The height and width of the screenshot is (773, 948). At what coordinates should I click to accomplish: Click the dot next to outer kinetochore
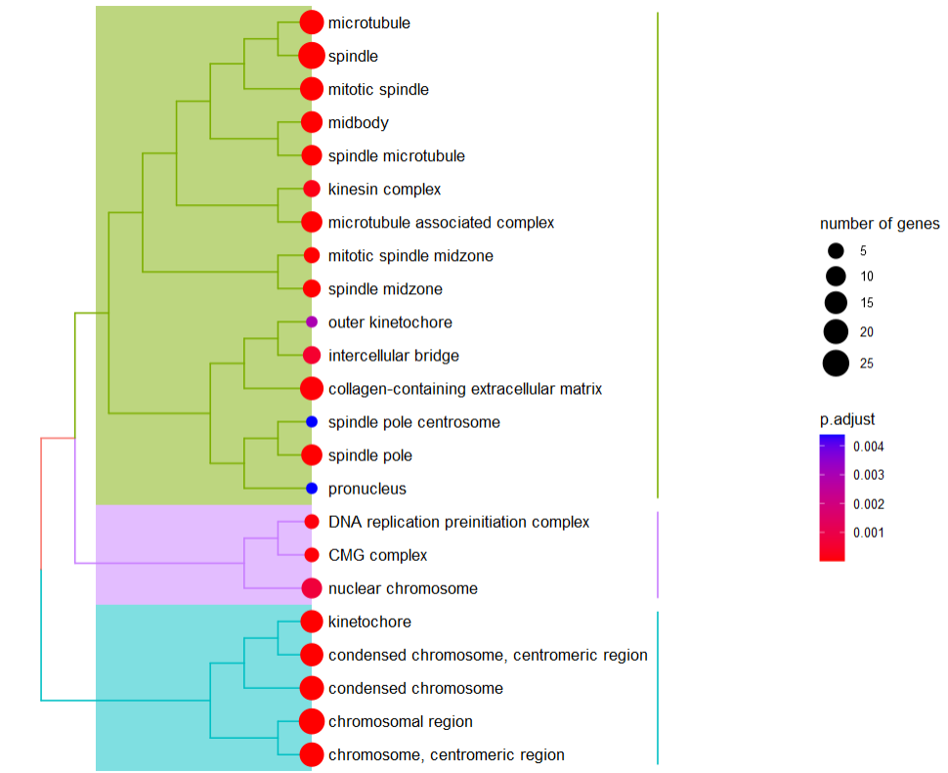(312, 322)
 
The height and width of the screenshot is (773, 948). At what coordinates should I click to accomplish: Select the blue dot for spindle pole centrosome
(312, 422)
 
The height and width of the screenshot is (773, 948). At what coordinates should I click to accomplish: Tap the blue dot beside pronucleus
(312, 488)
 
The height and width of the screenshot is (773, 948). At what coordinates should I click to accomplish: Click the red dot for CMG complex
(312, 555)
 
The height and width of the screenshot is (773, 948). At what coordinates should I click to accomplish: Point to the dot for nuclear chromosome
(312, 588)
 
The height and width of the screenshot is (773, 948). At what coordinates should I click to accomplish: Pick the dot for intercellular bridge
(312, 355)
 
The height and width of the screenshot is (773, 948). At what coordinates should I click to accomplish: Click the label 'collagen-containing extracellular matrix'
(465, 389)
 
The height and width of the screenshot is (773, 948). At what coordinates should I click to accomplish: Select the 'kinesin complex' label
(385, 189)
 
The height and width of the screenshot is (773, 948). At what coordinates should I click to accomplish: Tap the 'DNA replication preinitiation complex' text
(459, 522)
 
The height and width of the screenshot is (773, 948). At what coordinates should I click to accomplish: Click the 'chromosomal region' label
(401, 721)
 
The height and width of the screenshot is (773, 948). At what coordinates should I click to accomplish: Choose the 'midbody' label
(359, 122)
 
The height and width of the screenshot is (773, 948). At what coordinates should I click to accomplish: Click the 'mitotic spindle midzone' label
(410, 255)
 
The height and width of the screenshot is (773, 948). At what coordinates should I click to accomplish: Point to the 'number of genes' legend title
(880, 224)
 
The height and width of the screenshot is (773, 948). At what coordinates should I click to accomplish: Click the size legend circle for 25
(836, 364)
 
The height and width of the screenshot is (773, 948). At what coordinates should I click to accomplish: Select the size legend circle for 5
(836, 251)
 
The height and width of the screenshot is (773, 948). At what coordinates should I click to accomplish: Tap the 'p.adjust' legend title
(847, 419)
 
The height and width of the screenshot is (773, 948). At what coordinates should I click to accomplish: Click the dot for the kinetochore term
(312, 622)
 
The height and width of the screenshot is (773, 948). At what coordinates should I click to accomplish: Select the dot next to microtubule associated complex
(312, 222)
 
